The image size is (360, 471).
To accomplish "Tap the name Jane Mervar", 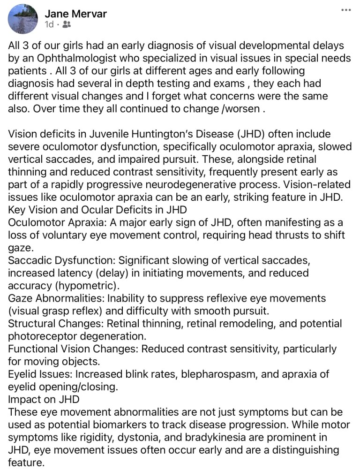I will point(76,13).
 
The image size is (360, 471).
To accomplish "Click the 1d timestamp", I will point(49,25).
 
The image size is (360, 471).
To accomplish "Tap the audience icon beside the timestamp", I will point(67,25).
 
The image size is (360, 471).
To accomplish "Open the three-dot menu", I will point(346,10).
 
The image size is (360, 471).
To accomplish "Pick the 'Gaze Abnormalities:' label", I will point(56,298).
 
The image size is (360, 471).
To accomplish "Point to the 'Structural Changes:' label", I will point(55,324).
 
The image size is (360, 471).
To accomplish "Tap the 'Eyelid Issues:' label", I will point(40,375).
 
